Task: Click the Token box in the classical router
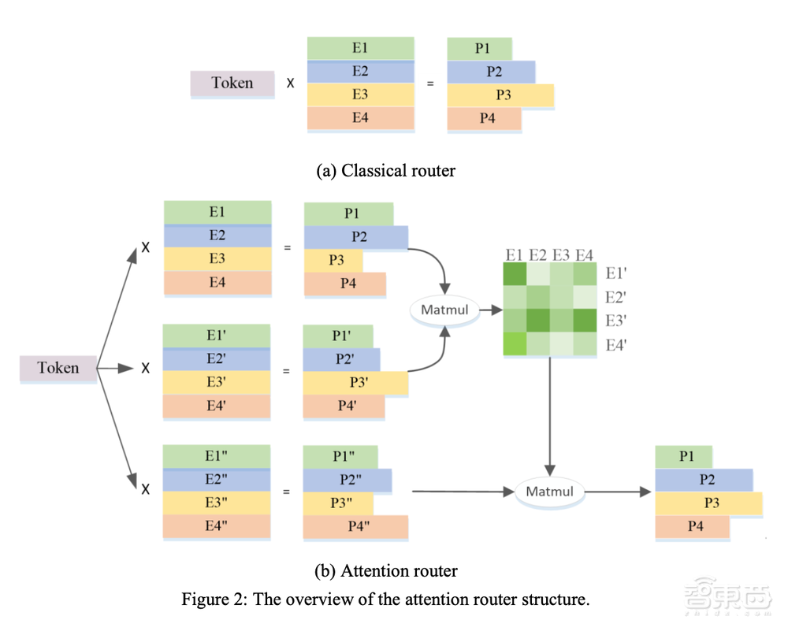[x=232, y=84]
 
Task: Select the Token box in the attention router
[x=58, y=368]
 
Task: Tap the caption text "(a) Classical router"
[x=386, y=170]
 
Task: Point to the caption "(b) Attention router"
[x=385, y=570]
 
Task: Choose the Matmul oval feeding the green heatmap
[x=444, y=310]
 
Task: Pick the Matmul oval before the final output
[x=550, y=492]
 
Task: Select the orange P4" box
[x=356, y=527]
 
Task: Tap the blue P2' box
[x=341, y=360]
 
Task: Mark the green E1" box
[x=217, y=456]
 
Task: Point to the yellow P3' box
[x=356, y=383]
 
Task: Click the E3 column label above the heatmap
[x=561, y=254]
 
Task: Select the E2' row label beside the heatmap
[x=615, y=298]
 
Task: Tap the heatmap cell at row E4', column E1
[x=515, y=344]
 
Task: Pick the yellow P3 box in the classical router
[x=500, y=95]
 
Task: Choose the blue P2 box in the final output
[x=704, y=480]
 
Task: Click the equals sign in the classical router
[x=430, y=83]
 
